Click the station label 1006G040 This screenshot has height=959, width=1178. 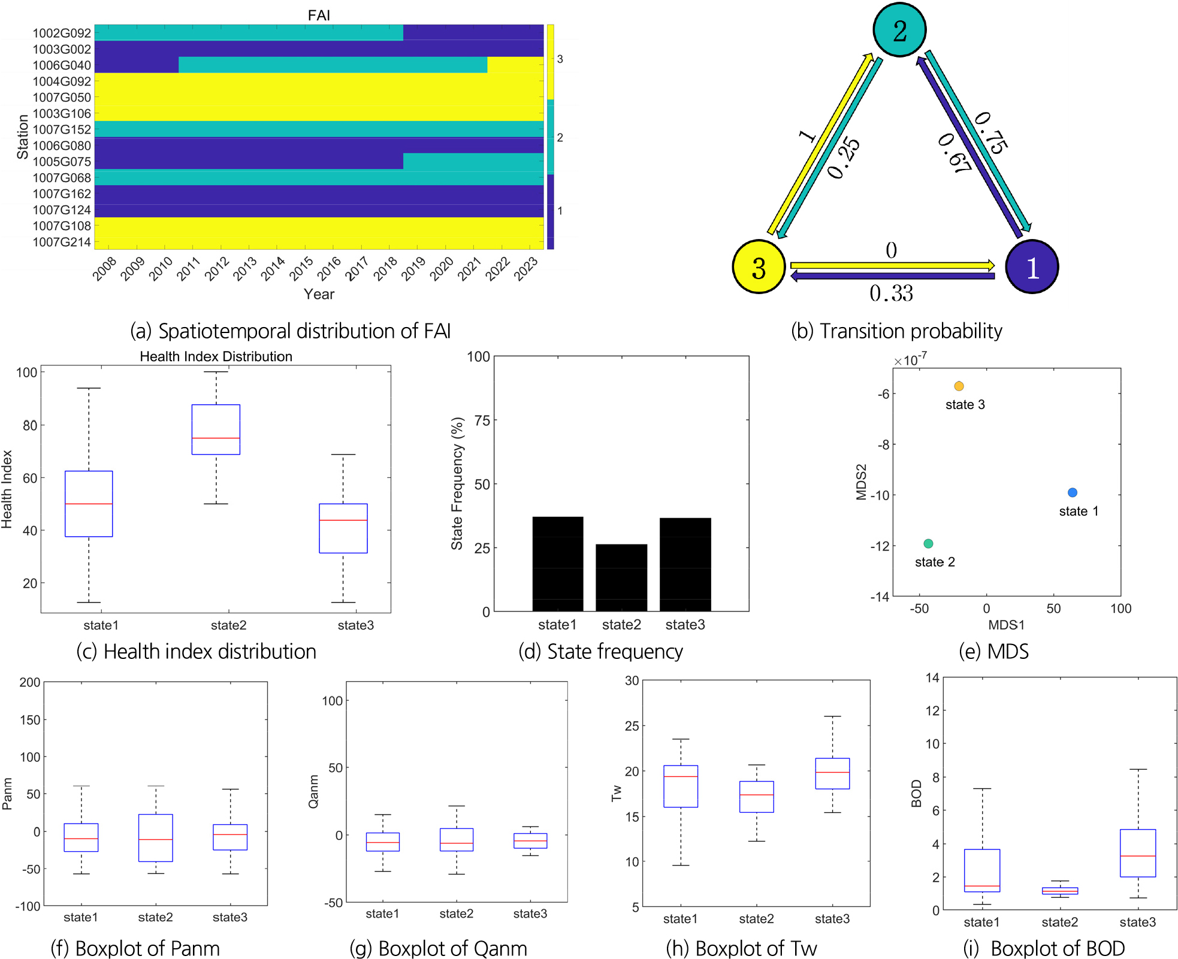62,65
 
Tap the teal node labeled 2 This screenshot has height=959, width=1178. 899,30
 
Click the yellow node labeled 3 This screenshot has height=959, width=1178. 759,267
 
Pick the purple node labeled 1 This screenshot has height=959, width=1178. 1032,267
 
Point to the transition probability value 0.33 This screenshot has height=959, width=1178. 891,293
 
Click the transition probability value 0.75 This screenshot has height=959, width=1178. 991,133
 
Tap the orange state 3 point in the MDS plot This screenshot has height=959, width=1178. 959,386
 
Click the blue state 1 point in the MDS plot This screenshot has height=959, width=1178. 1073,492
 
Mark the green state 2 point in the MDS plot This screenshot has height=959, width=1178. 928,543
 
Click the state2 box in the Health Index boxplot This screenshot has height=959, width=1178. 216,429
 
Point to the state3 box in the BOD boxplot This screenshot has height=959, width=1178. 1137,852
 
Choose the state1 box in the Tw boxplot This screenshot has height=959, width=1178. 681,786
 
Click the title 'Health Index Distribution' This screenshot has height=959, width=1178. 216,356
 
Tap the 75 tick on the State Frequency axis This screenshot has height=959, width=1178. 482,420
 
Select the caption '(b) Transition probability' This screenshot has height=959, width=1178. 896,331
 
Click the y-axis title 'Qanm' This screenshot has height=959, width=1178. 313,791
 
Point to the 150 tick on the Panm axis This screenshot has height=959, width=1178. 30,720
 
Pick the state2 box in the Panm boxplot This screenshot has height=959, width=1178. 156,837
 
